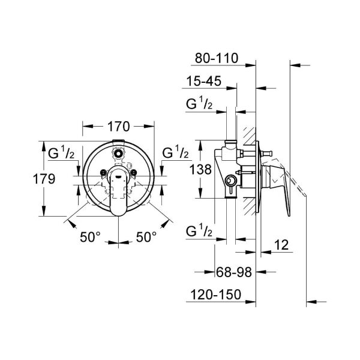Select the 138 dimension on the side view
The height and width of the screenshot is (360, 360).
(200, 169)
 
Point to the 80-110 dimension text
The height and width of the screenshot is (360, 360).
(217, 58)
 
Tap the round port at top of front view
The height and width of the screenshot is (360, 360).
(119, 154)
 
